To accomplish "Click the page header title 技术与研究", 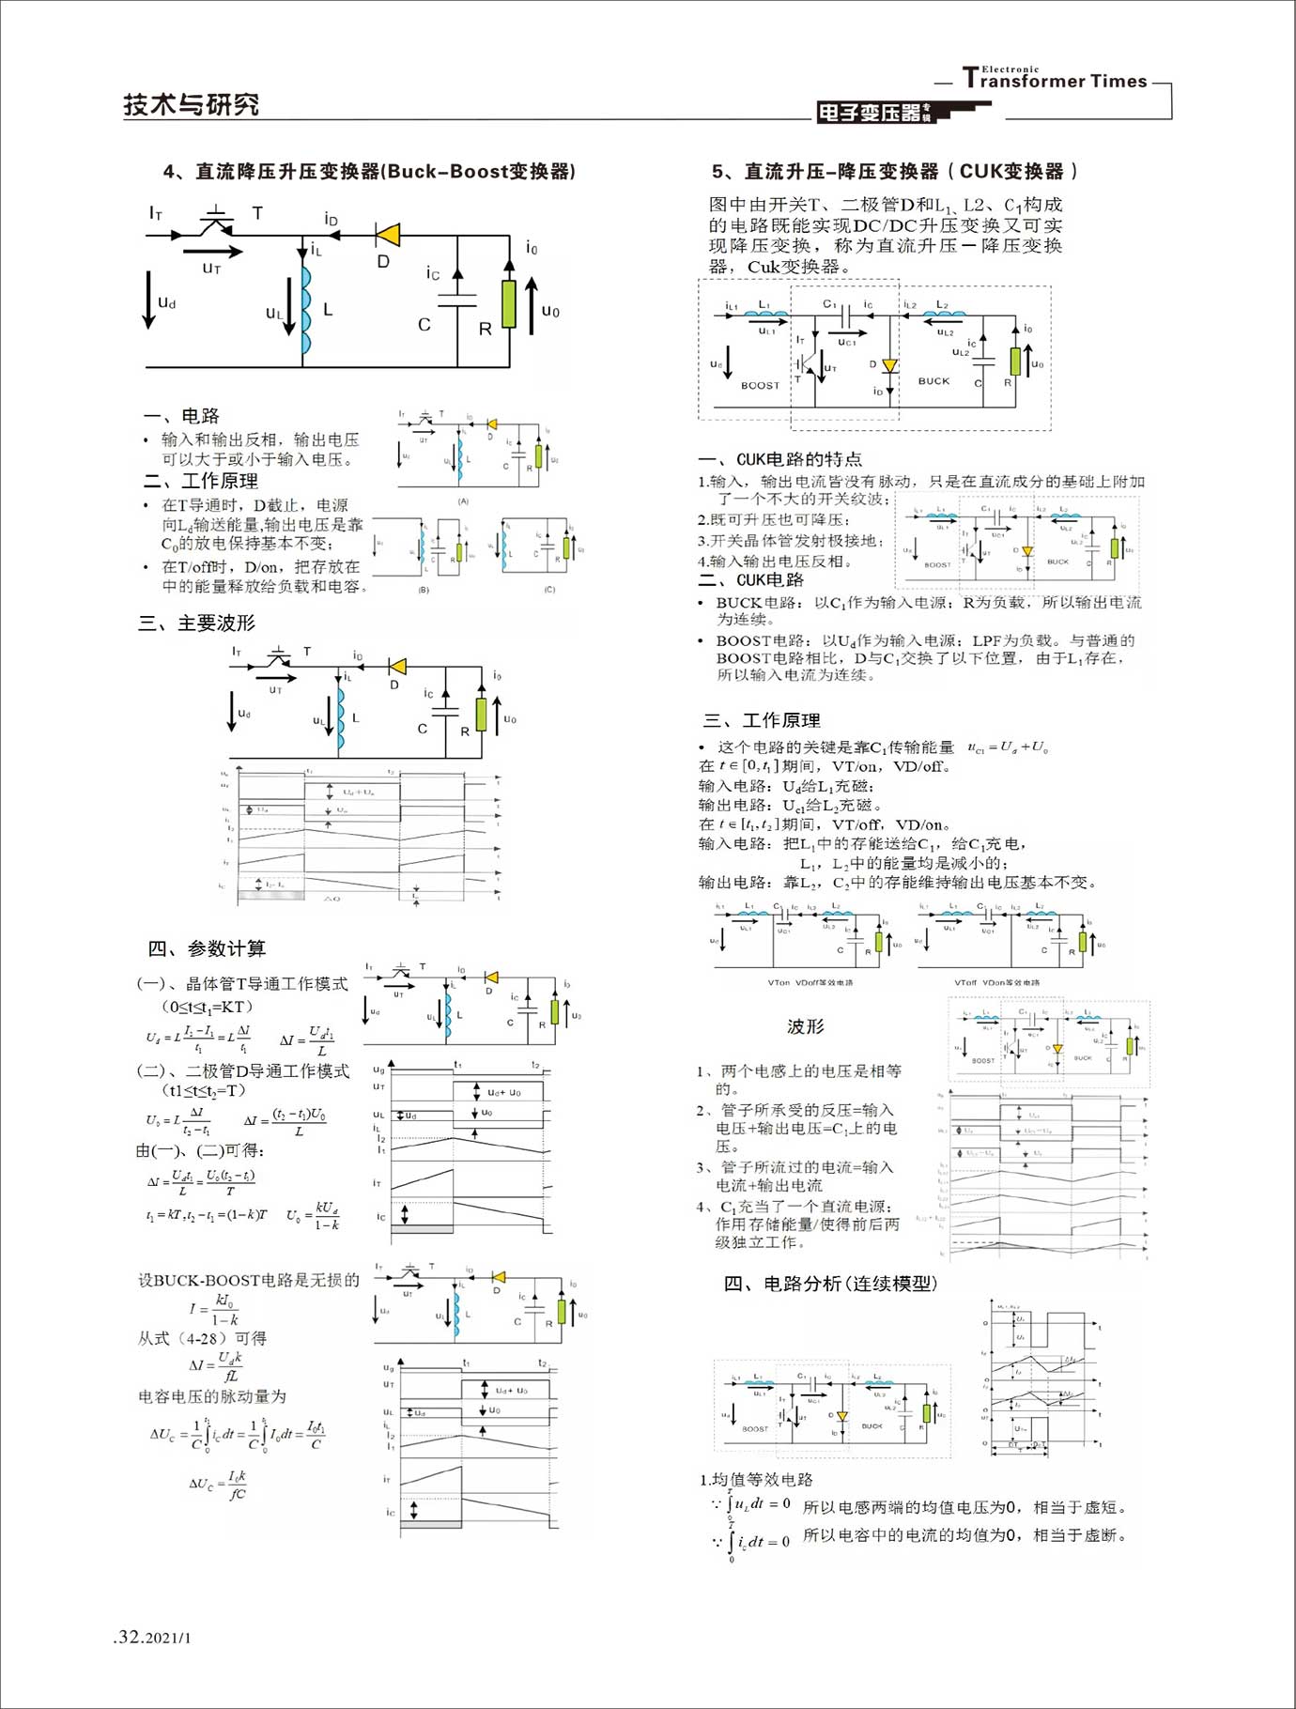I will tap(191, 104).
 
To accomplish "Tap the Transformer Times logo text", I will tap(1056, 80).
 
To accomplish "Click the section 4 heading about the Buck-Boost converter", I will tap(369, 171).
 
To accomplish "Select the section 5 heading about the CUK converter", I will tap(895, 171).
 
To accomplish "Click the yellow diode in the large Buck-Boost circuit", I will tap(387, 235).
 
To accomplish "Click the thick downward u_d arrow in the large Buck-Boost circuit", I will tap(148, 299).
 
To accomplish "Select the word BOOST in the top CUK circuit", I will tap(760, 385).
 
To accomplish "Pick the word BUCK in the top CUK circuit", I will tap(933, 380).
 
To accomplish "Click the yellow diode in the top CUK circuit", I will tap(889, 365).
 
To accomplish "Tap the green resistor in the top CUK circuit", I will tap(1015, 361).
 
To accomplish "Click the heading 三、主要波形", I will tap(197, 623).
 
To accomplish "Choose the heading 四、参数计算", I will tap(207, 948).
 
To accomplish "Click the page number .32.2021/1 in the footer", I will tap(152, 1638).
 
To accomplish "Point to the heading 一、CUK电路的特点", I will tap(779, 459).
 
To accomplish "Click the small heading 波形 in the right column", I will tap(805, 1026).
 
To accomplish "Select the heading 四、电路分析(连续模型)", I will tap(830, 1284).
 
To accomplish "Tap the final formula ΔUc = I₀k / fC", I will tap(218, 1484).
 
